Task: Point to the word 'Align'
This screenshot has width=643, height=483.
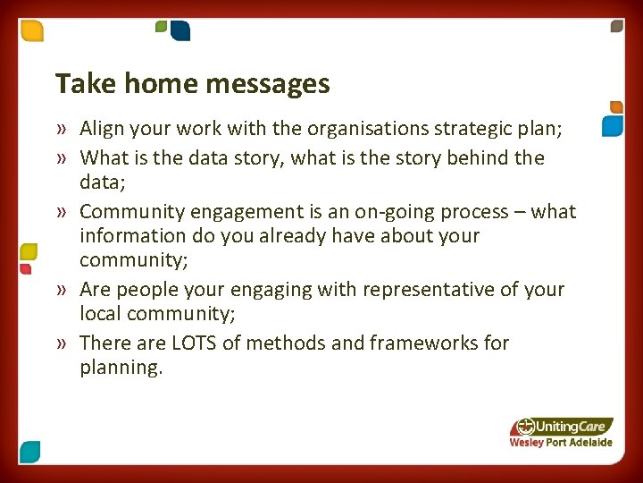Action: pyautogui.click(x=103, y=130)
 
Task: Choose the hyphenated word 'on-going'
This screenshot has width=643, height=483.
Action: pyautogui.click(x=413, y=212)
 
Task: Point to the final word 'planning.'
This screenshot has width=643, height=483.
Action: pyautogui.click(x=121, y=368)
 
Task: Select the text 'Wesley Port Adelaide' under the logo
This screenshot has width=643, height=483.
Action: pyautogui.click(x=561, y=443)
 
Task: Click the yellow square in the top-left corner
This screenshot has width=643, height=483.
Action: pyautogui.click(x=32, y=30)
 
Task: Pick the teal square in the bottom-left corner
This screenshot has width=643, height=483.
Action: pyautogui.click(x=29, y=452)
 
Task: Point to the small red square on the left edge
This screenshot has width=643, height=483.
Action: pyautogui.click(x=25, y=267)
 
